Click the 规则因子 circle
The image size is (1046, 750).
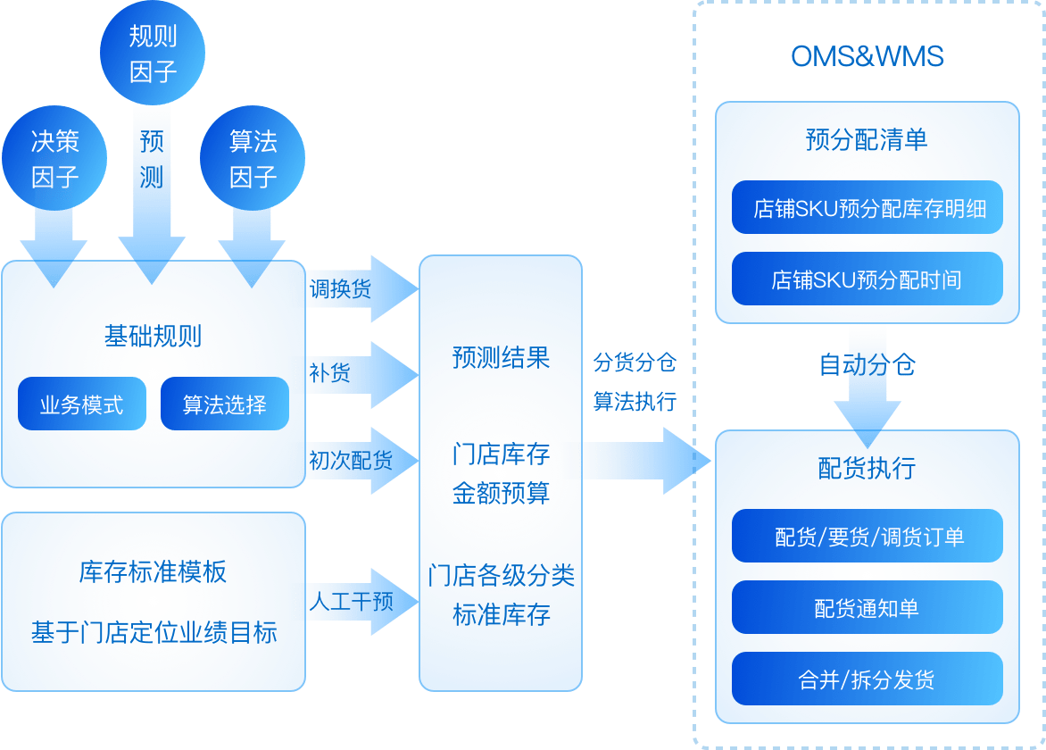153,53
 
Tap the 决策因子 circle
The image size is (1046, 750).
55,159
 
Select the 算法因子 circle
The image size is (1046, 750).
253,159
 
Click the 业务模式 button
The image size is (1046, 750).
81,404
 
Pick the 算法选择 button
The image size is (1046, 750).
225,404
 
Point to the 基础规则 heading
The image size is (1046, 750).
153,337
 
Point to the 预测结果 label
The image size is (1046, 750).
501,359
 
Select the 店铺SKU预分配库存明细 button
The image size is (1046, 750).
867,209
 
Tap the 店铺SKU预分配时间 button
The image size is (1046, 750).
867,279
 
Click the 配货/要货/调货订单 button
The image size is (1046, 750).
867,537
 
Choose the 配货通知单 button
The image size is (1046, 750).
867,608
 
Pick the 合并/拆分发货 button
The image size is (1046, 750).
867,679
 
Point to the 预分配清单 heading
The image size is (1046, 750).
867,140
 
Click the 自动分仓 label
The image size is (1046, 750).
867,365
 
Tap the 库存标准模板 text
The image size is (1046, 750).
153,572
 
